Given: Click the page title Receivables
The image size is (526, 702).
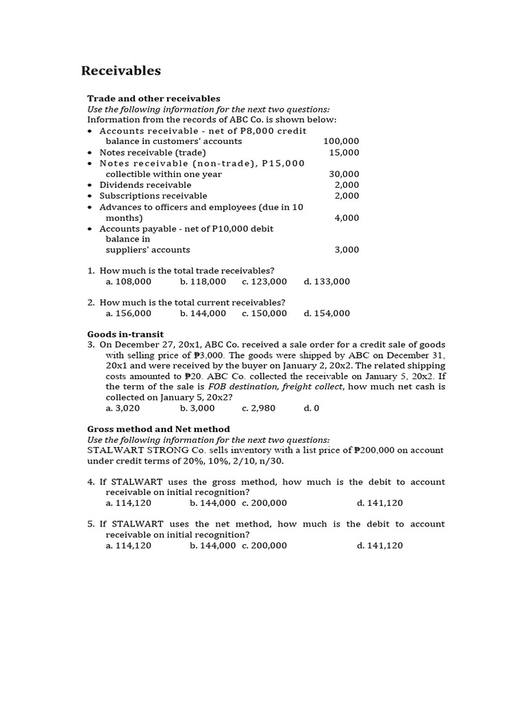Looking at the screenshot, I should (121, 71).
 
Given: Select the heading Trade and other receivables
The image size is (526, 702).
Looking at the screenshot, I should (153, 99).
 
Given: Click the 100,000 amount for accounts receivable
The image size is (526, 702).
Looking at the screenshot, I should (341, 141).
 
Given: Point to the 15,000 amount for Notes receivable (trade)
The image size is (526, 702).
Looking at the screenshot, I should (344, 152).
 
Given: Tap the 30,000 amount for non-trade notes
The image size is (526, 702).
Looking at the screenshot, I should (344, 174).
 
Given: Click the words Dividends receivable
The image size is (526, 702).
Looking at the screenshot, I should (145, 185).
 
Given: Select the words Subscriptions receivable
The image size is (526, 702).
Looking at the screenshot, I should (153, 196).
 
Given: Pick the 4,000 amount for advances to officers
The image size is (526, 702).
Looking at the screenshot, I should (347, 218).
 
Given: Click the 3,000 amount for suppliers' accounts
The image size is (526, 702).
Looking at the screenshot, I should (347, 250).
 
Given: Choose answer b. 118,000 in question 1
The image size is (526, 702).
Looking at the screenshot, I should (203, 281).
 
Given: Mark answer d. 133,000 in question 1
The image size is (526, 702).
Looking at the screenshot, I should (327, 281).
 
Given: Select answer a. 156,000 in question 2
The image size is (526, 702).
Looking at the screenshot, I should (129, 313).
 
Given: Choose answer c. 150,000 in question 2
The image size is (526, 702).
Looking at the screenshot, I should (264, 313).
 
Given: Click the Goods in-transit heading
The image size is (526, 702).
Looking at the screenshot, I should (125, 335).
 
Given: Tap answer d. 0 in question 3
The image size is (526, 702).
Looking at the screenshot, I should (312, 408).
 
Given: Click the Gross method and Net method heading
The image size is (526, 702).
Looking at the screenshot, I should (158, 429).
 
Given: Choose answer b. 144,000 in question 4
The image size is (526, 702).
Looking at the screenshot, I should (212, 503).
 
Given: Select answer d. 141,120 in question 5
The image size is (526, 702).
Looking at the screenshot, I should (379, 546).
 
